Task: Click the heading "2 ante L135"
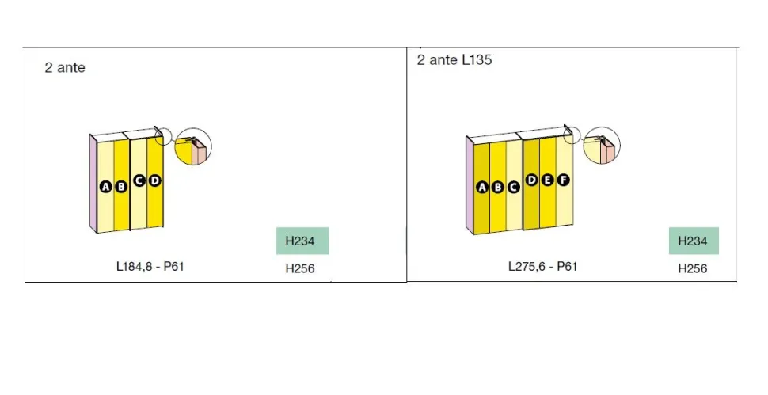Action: (454, 59)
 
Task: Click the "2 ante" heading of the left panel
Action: (65, 67)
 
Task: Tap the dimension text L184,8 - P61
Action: (150, 266)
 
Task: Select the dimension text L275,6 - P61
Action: (542, 266)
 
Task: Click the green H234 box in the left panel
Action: (302, 241)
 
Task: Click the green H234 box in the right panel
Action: (694, 241)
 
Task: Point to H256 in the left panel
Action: (300, 268)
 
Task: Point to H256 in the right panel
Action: (693, 268)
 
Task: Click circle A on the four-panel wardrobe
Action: (105, 187)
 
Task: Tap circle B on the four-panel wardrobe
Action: (120, 187)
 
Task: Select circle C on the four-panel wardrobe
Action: (139, 180)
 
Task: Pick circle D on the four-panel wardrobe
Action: (154, 180)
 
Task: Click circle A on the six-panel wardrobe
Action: (482, 187)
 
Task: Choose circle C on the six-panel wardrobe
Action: (513, 187)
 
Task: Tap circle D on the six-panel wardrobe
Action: (531, 180)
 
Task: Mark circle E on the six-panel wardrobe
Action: (548, 180)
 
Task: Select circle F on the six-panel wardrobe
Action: (564, 180)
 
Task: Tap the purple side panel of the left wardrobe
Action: (93, 183)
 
